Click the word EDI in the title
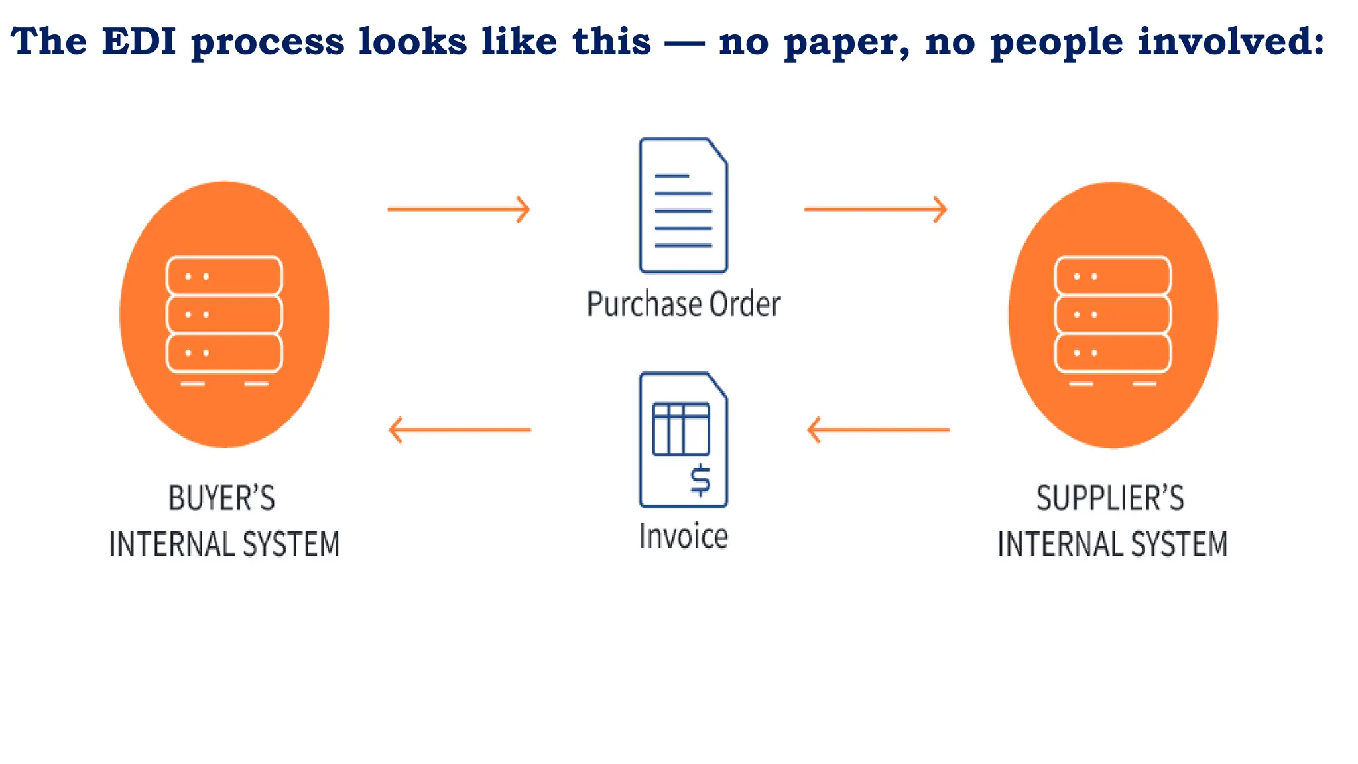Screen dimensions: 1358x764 [139, 41]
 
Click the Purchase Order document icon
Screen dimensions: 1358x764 [683, 205]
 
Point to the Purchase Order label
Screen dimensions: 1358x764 [684, 304]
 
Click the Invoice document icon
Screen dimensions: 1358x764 [683, 440]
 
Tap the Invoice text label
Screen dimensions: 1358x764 [683, 536]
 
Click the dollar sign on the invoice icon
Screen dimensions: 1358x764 [700, 481]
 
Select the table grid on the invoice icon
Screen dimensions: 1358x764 [681, 429]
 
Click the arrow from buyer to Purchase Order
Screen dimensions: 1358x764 [459, 210]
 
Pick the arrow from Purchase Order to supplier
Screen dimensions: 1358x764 [875, 210]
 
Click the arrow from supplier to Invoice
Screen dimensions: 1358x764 [878, 430]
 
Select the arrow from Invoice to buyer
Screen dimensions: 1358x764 [460, 430]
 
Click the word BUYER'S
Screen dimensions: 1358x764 [221, 499]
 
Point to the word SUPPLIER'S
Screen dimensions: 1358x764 [1110, 499]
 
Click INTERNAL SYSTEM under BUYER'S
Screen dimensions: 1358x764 [224, 544]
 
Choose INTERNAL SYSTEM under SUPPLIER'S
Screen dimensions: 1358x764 [1113, 544]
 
